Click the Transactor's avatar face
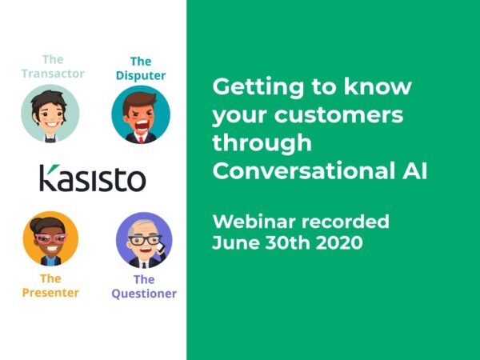tap(50, 113)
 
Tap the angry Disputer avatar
tap(141, 114)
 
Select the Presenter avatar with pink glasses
tap(50, 238)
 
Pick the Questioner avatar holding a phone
tap(144, 240)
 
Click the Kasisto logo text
tap(93, 178)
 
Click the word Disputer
tap(141, 76)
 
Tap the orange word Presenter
tap(50, 293)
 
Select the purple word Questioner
tap(144, 294)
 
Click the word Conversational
tap(298, 171)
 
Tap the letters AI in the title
tap(410, 171)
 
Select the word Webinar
tap(251, 221)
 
